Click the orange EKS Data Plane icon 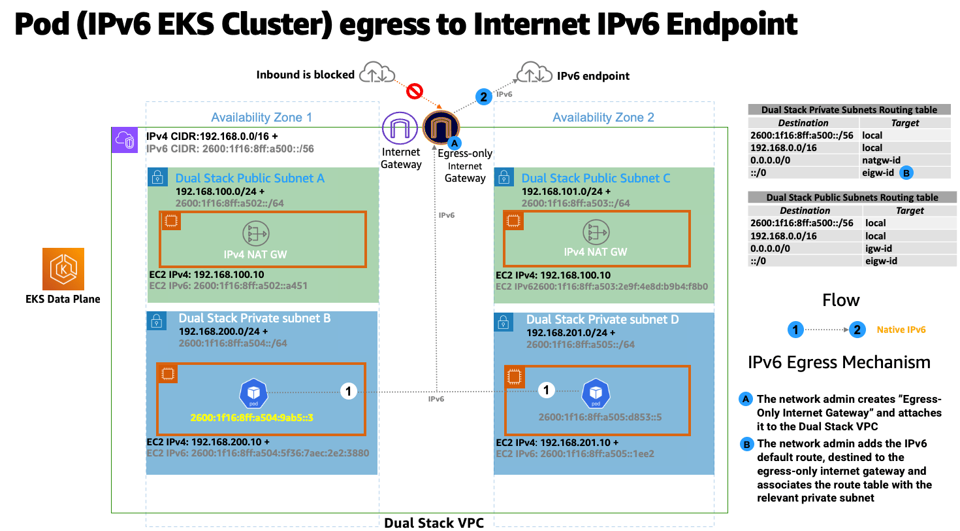(63, 269)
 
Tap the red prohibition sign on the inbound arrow (415, 91)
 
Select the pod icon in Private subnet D (595, 392)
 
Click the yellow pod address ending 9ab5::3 (253, 417)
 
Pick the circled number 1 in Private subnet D (546, 390)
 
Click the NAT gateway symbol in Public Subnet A (256, 233)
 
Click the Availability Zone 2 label (603, 118)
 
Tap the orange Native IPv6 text (901, 330)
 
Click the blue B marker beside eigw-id (906, 173)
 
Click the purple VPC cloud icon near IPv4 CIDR (123, 139)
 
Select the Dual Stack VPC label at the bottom (428, 522)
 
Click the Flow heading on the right (840, 300)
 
